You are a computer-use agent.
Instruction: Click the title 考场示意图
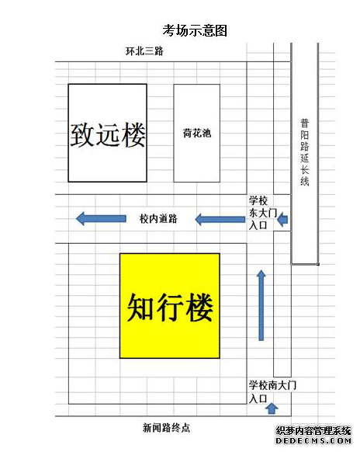pyautogui.click(x=195, y=30)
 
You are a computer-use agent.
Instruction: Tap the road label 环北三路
pyautogui.click(x=144, y=51)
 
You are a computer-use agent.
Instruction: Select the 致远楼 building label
pyautogui.click(x=108, y=134)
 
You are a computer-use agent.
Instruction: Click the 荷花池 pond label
pyautogui.click(x=197, y=133)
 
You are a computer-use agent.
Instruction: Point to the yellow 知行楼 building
pyautogui.click(x=170, y=306)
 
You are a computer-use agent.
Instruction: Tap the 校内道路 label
pyautogui.click(x=158, y=218)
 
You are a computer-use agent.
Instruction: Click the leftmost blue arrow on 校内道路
pyautogui.click(x=101, y=218)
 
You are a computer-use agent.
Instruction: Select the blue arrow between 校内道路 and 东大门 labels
pyautogui.click(x=220, y=219)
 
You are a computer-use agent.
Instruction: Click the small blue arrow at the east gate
pyautogui.click(x=282, y=219)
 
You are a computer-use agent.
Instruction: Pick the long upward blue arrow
pyautogui.click(x=261, y=305)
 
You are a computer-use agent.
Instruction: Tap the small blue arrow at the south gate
pyautogui.click(x=272, y=409)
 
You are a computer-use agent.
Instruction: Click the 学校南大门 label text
pyautogui.click(x=272, y=385)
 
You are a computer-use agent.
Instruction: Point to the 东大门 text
pyautogui.click(x=263, y=213)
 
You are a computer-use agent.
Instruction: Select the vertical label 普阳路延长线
pyautogui.click(x=305, y=152)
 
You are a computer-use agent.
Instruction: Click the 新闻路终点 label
pyautogui.click(x=167, y=427)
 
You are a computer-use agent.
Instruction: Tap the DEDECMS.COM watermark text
pyautogui.click(x=313, y=441)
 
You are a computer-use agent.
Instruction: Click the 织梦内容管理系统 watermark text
pyautogui.click(x=313, y=431)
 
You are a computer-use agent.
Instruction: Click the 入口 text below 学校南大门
pyautogui.click(x=258, y=399)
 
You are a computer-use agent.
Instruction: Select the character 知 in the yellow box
pyautogui.click(x=140, y=308)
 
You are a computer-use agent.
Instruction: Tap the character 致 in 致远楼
pyautogui.click(x=82, y=135)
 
